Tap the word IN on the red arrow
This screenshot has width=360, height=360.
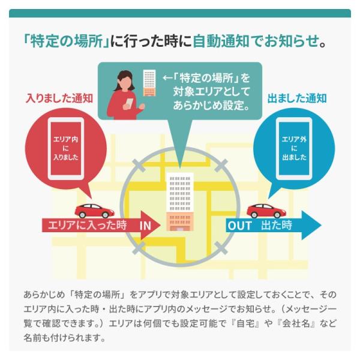(x=146, y=226)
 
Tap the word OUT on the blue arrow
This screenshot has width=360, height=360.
(x=240, y=226)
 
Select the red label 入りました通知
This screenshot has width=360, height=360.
(x=59, y=98)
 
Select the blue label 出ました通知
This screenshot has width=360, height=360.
(x=297, y=98)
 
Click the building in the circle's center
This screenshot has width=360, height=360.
(x=180, y=201)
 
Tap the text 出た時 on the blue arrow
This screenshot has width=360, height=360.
(x=277, y=226)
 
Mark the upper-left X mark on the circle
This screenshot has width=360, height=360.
(x=139, y=164)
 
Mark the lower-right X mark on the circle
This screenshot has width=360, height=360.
(x=221, y=247)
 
